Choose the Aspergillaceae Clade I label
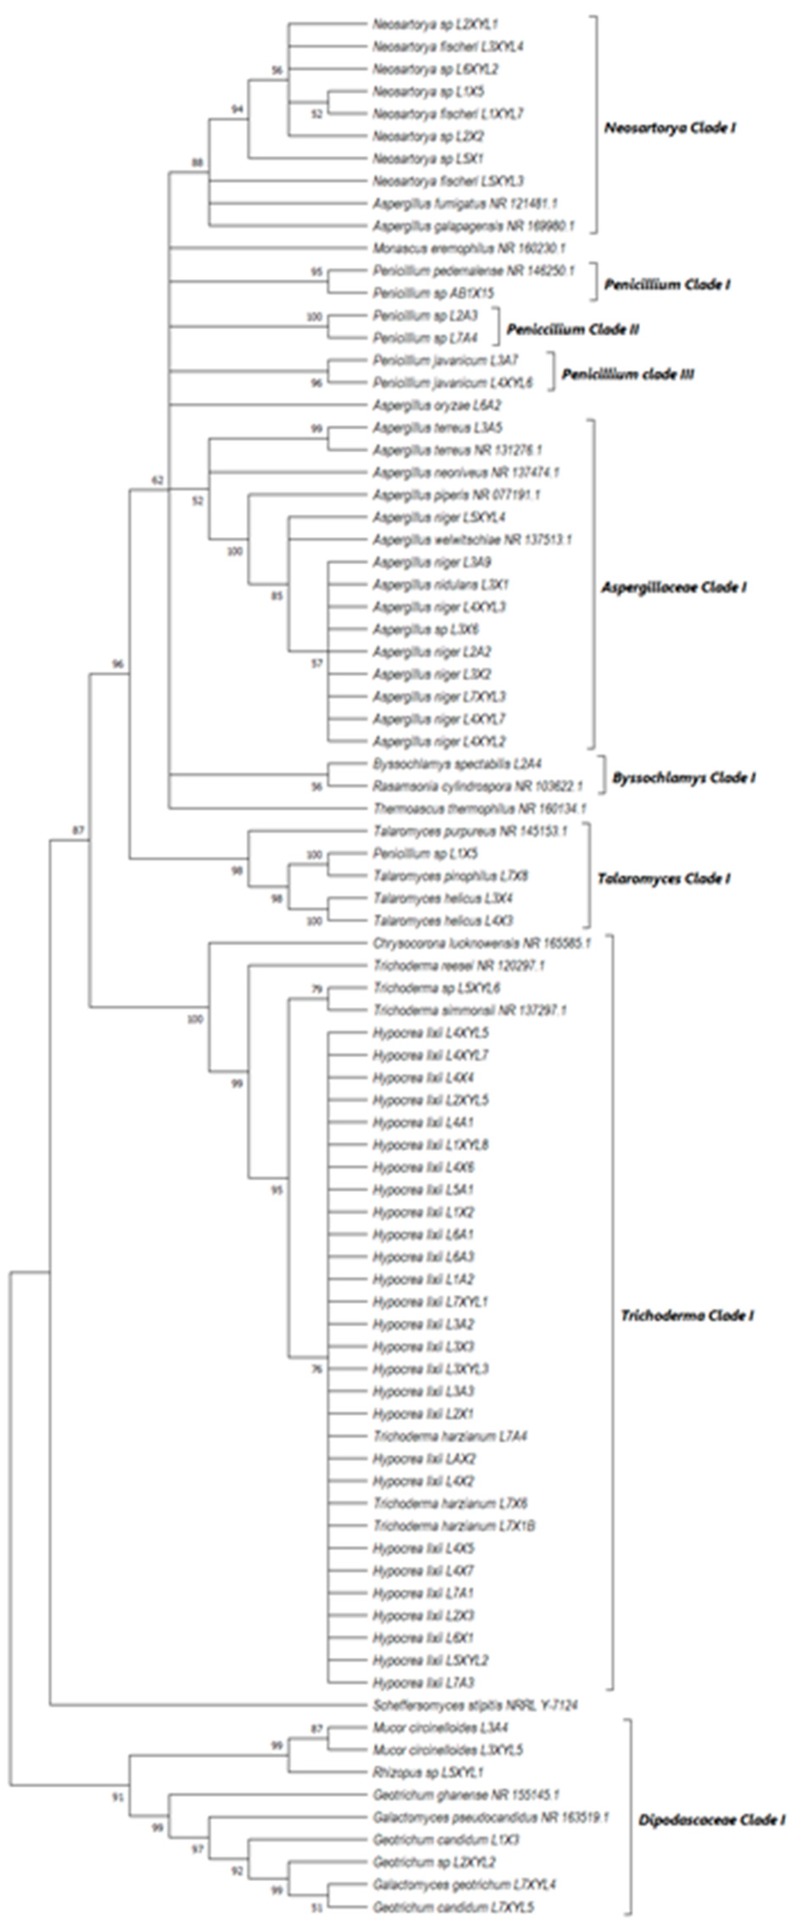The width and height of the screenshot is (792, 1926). (674, 588)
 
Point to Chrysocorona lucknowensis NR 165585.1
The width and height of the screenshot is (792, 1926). (482, 944)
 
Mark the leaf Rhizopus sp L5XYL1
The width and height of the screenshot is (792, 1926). (428, 1772)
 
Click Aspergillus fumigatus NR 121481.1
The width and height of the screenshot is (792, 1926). (465, 203)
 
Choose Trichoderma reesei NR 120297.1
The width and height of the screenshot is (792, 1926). (458, 966)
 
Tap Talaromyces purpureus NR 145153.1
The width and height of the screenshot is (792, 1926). (470, 831)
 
